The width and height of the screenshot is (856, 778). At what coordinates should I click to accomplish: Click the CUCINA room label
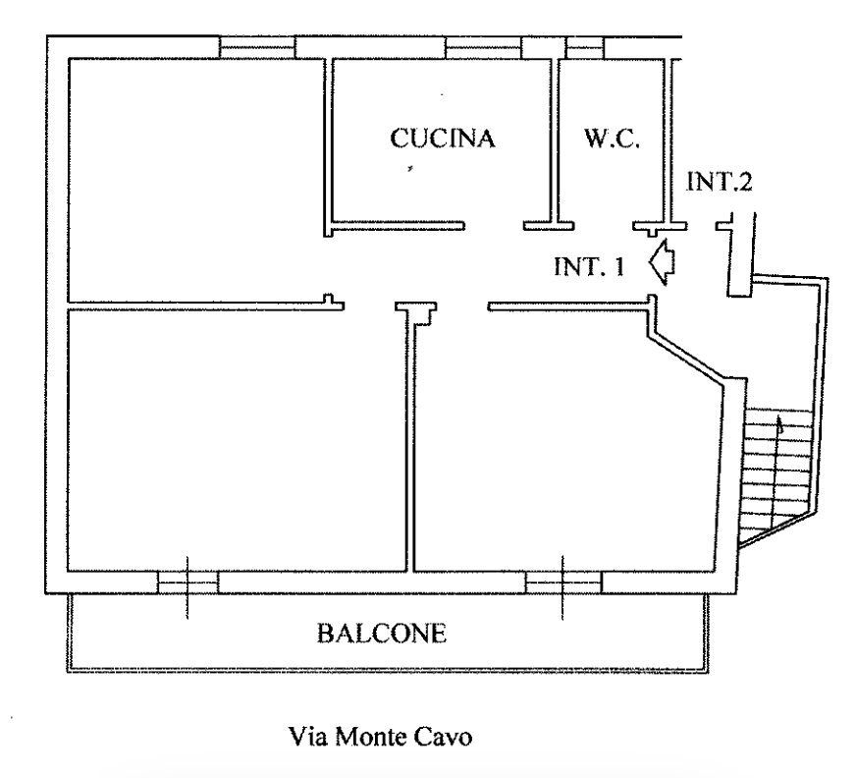click(442, 139)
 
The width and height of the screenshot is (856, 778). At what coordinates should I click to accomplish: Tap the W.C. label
click(613, 139)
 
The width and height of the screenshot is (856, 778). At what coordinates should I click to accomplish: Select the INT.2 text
click(720, 182)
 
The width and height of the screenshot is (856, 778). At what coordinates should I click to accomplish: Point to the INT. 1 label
click(589, 267)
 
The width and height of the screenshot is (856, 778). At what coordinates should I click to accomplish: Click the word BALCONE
click(381, 634)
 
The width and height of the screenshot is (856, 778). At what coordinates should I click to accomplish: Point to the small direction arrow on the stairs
click(780, 425)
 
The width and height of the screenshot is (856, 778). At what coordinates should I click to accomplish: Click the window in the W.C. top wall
click(584, 47)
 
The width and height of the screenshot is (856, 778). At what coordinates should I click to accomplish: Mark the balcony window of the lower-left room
click(187, 583)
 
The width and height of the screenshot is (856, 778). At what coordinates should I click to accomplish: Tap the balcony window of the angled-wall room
click(562, 583)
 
